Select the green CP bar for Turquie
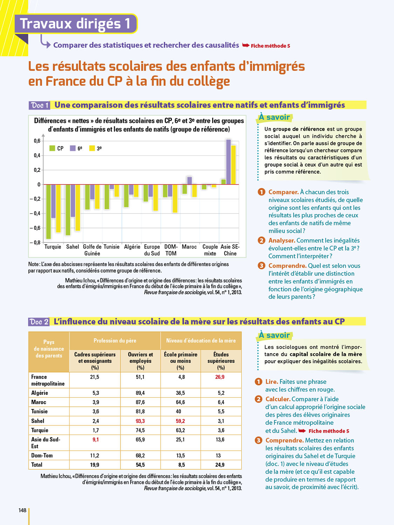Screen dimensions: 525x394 click(x=49, y=211)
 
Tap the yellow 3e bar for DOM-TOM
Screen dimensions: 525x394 click(x=175, y=198)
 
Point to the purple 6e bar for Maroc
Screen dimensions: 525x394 click(x=189, y=181)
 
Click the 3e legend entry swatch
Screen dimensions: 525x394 click(x=92, y=148)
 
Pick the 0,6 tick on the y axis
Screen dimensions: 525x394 click(x=37, y=141)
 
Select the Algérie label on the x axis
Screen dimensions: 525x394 click(x=132, y=247)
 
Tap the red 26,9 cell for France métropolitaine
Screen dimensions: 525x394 click(x=220, y=377)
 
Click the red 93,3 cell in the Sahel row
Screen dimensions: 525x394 click(x=140, y=421)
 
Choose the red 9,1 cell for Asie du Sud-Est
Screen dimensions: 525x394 click(x=96, y=440)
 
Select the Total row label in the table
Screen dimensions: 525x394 click(x=37, y=465)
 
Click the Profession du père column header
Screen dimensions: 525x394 click(x=115, y=341)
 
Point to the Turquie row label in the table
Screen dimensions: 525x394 click(x=40, y=430)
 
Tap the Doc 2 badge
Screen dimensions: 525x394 click(x=39, y=322)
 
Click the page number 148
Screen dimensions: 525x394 click(x=22, y=510)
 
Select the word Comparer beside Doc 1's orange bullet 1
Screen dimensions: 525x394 click(x=283, y=192)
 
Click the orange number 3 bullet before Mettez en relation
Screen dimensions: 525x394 click(x=258, y=440)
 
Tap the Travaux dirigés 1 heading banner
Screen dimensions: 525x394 click(x=75, y=24)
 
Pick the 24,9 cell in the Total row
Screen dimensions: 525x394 click(x=220, y=465)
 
